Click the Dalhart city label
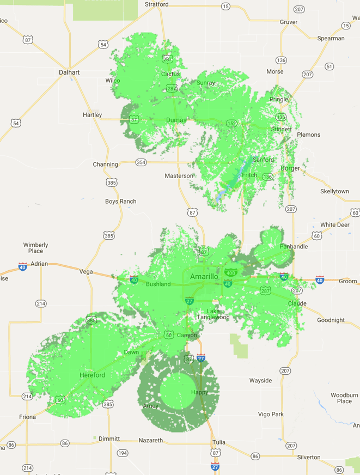pyautogui.click(x=69, y=72)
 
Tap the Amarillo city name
pyautogui.click(x=204, y=277)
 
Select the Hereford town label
pyautogui.click(x=92, y=375)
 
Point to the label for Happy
pyautogui.click(x=199, y=392)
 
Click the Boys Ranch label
pyautogui.click(x=121, y=202)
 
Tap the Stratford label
pyautogui.click(x=157, y=4)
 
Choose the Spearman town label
pyautogui.click(x=331, y=39)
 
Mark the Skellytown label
pyautogui.click(x=334, y=192)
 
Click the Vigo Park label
pyautogui.click(x=271, y=415)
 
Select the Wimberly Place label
pyautogui.click(x=36, y=248)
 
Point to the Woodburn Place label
pyautogui.click(x=344, y=398)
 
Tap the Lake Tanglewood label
pyautogui.click(x=214, y=314)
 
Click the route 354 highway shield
pyautogui.click(x=141, y=162)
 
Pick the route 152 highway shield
pyautogui.click(x=232, y=124)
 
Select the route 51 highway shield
pyautogui.click(x=329, y=66)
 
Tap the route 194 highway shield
pyautogui.click(x=123, y=453)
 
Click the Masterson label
pyautogui.click(x=179, y=176)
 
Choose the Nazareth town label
pyautogui.click(x=151, y=440)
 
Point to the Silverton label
pyautogui.click(x=309, y=457)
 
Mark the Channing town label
pyautogui.click(x=105, y=165)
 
